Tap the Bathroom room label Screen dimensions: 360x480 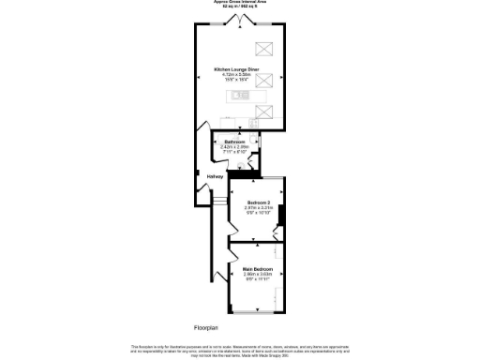[x=236, y=142]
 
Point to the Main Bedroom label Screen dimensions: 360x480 [x=257, y=269]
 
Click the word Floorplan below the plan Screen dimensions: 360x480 [x=207, y=327]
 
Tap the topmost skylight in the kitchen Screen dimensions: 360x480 [x=265, y=51]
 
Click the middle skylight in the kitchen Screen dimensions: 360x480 [x=265, y=82]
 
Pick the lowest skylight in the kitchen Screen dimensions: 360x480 [x=265, y=112]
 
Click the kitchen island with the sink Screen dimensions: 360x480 [x=247, y=96]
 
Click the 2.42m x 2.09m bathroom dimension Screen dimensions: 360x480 [x=236, y=147]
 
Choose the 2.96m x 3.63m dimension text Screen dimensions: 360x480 [x=257, y=275]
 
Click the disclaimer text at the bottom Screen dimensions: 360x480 [x=243, y=349]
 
